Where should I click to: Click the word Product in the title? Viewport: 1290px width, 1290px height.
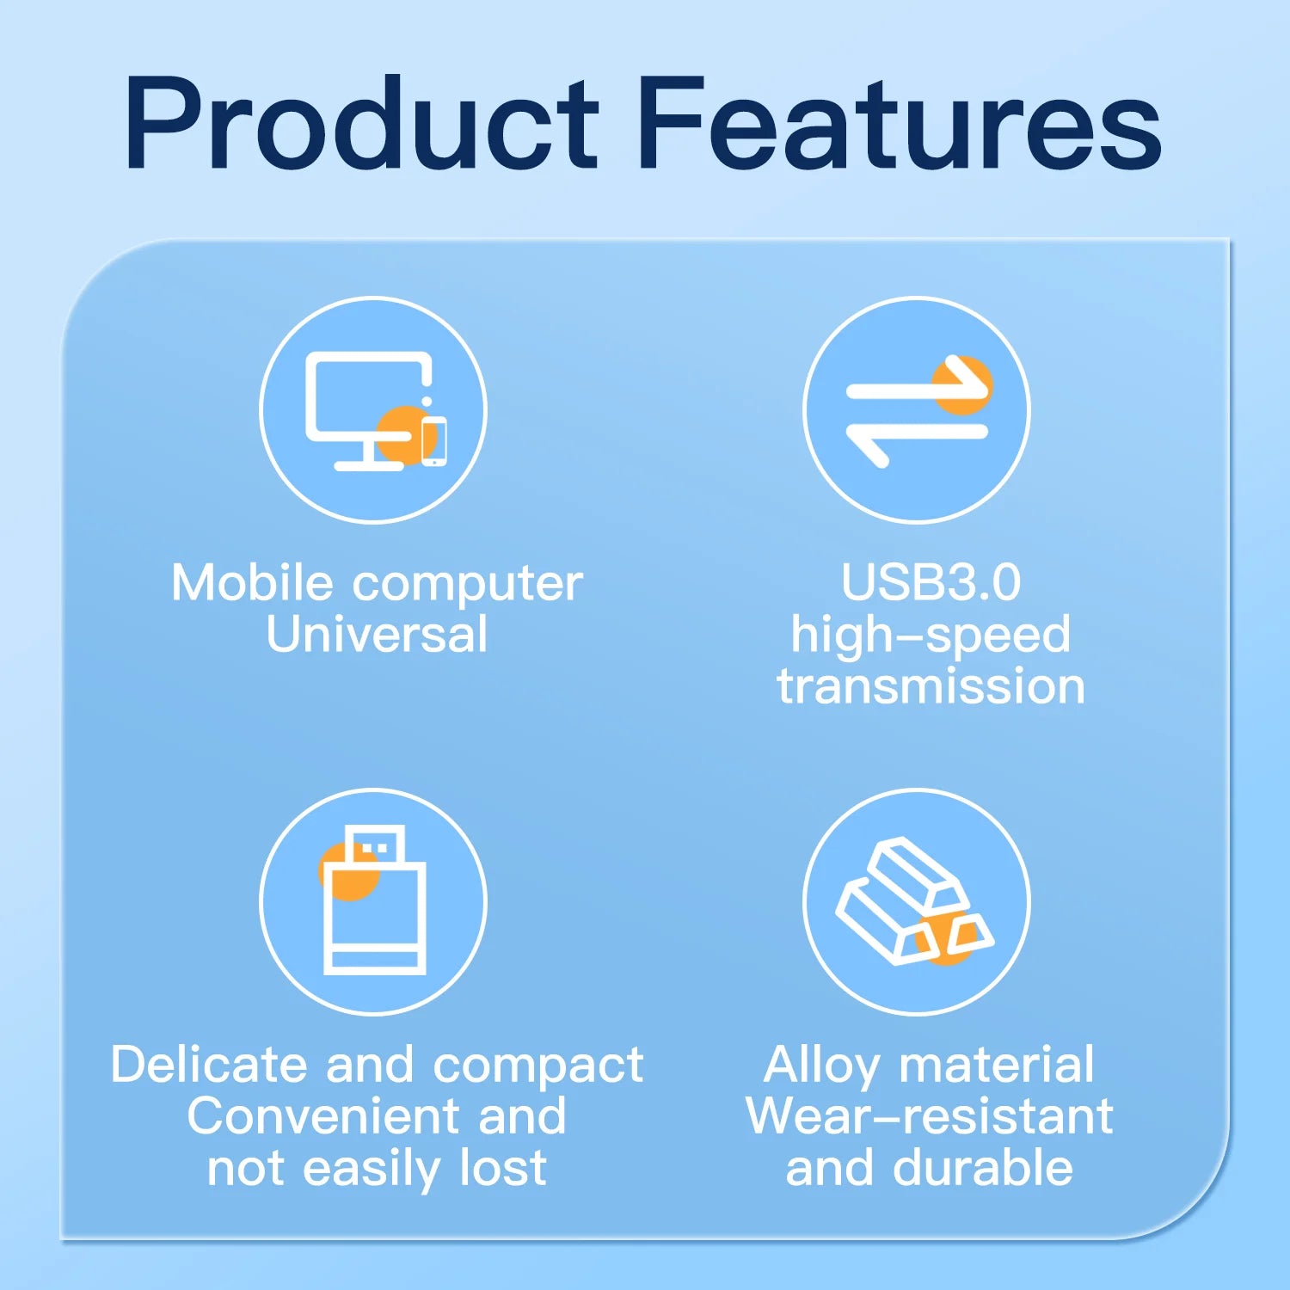coord(361,125)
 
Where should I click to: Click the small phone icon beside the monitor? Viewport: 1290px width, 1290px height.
coord(434,440)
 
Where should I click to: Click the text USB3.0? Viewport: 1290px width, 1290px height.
coord(931,582)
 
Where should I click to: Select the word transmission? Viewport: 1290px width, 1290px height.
coord(931,686)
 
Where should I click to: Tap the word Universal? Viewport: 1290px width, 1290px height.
coord(377,635)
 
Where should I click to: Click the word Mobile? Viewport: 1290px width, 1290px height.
coord(252,583)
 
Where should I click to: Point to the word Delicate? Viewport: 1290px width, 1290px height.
coord(209,1065)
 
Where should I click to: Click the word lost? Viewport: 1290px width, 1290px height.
coord(503,1168)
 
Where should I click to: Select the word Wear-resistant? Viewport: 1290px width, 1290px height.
coord(930,1116)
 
